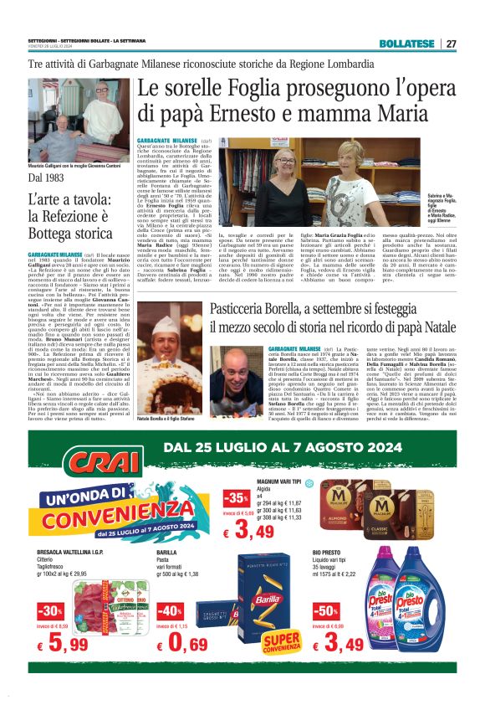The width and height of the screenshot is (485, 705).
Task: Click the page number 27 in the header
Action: pos(452,44)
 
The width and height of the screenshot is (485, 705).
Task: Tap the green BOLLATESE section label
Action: pos(406,44)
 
